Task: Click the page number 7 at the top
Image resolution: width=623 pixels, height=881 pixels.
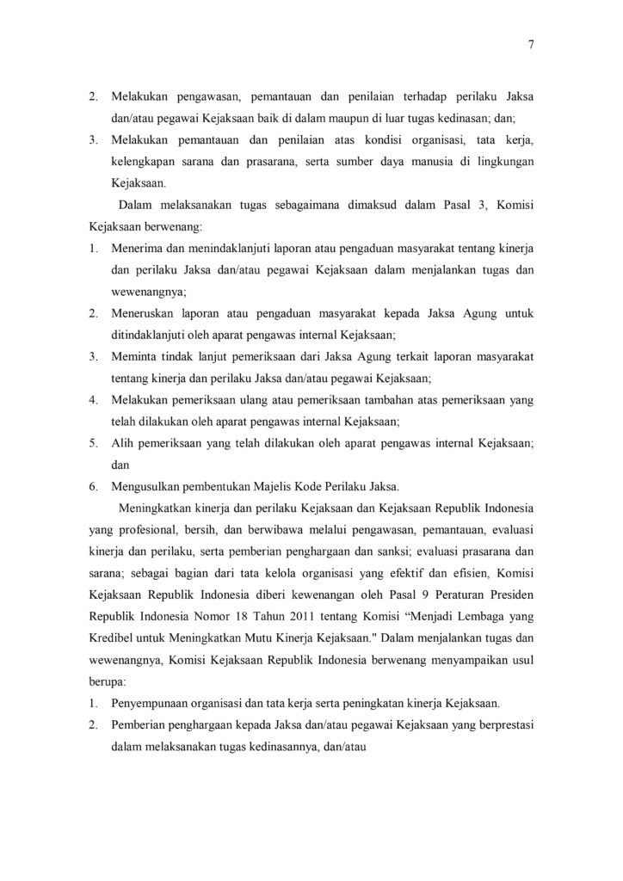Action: (532, 48)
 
